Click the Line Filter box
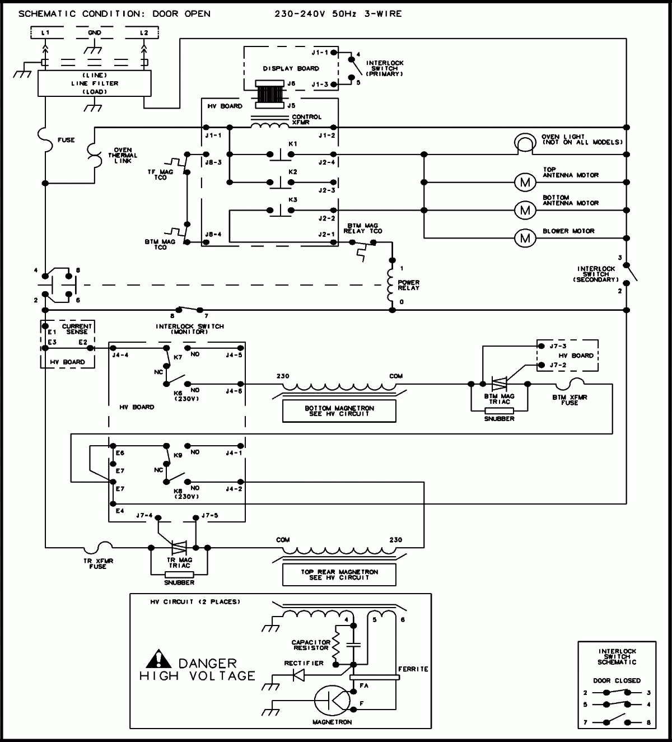pos(94,83)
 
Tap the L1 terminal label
pos(46,33)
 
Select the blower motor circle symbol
pos(525,238)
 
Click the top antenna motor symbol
pos(525,182)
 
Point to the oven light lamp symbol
pos(525,144)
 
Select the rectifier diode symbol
pos(299,675)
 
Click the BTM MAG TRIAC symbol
pos(498,384)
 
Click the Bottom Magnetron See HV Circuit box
pos(339,410)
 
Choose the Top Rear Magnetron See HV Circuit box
pos(339,574)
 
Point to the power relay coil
pos(390,284)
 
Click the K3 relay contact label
pos(292,199)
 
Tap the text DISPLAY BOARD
pos(291,68)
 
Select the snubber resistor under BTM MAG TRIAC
pos(498,410)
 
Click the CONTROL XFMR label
pos(306,119)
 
